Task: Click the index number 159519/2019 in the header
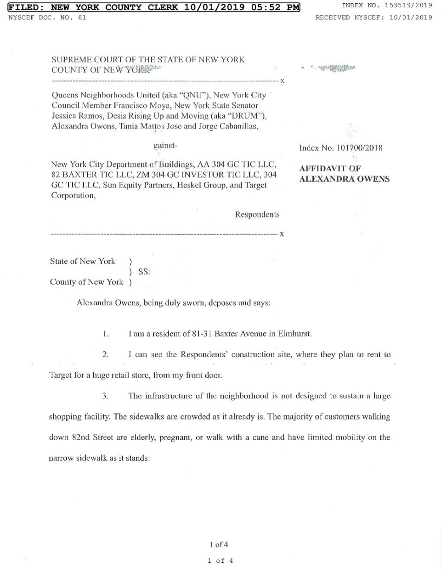point(408,6)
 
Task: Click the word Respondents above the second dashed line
point(257,214)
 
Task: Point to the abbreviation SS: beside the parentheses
point(144,272)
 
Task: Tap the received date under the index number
point(411,17)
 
